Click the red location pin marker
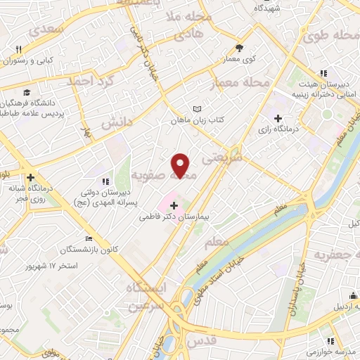pos(181,165)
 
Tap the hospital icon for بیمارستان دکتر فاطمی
pos(174,205)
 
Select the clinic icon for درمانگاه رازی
pos(278,118)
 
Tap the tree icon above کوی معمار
pos(240,49)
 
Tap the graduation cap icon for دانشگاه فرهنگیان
pos(26,92)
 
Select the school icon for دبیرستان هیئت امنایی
pos(323,73)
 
